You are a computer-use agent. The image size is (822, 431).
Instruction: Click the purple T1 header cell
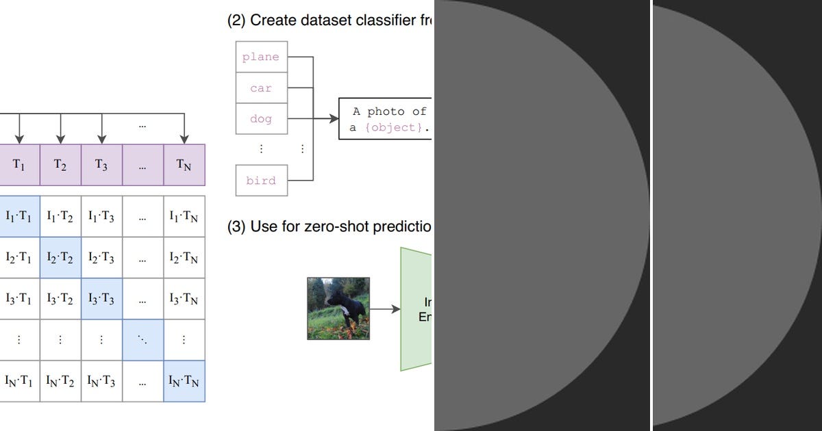click(x=19, y=165)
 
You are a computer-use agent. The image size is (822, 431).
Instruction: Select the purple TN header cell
click(x=184, y=165)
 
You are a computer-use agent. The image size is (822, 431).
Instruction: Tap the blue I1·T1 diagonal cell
click(x=19, y=216)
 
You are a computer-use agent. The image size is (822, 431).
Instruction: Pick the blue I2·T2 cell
click(x=60, y=258)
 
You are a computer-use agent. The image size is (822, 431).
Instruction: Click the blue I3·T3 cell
click(x=101, y=299)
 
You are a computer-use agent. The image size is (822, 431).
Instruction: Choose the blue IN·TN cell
click(x=184, y=381)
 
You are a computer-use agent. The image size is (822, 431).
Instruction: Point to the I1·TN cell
click(x=184, y=216)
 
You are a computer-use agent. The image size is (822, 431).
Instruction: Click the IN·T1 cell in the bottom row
click(x=19, y=381)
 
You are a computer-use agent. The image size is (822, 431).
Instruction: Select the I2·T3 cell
click(x=101, y=258)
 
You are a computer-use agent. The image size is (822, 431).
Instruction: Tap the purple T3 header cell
click(x=101, y=165)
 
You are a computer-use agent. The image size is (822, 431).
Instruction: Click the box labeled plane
click(x=261, y=57)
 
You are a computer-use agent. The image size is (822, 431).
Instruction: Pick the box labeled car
click(x=261, y=88)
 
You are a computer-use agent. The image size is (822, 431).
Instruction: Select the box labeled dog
click(x=261, y=119)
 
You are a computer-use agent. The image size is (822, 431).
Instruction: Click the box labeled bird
click(x=261, y=181)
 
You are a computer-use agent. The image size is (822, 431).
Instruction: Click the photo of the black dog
click(x=338, y=309)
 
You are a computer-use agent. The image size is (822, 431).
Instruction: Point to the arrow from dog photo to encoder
click(x=385, y=309)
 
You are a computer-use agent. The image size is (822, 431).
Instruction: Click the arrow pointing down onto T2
click(x=61, y=130)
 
